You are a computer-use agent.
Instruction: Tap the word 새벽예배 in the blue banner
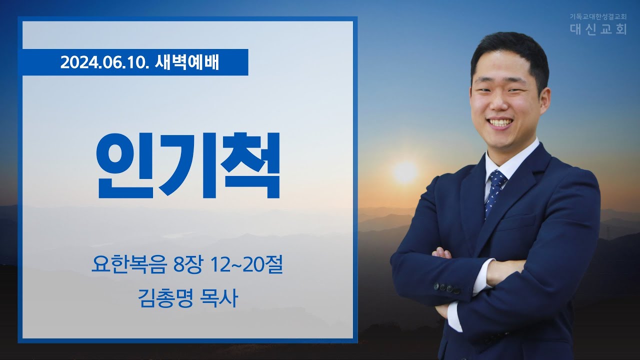(x=187, y=62)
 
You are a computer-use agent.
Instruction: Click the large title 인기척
(x=188, y=165)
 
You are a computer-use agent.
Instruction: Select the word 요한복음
(x=129, y=265)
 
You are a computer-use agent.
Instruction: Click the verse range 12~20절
(x=246, y=265)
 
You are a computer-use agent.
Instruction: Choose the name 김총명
(x=165, y=298)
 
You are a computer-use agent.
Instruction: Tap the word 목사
(x=219, y=298)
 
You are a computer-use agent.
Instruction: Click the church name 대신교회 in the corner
(x=598, y=29)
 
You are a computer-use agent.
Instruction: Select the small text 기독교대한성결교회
(x=597, y=17)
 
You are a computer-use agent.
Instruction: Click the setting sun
(x=405, y=172)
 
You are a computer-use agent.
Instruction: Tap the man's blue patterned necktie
(x=496, y=191)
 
